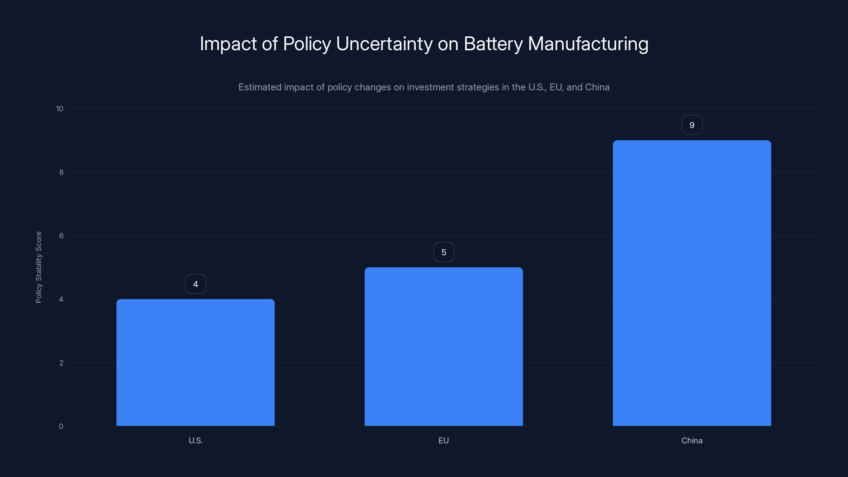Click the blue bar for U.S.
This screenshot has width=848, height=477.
point(195,362)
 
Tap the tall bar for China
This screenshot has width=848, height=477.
point(692,283)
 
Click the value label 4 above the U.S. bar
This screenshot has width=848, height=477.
point(195,284)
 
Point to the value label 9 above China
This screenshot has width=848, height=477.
point(692,125)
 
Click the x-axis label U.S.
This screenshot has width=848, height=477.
point(196,440)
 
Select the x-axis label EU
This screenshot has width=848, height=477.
point(443,440)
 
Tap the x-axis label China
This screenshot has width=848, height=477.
point(692,440)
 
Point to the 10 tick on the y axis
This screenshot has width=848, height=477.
point(60,109)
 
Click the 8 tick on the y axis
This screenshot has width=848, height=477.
point(61,172)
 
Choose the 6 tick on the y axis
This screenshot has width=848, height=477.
point(61,236)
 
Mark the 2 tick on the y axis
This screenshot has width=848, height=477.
point(61,363)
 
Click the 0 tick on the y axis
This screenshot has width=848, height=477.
point(61,426)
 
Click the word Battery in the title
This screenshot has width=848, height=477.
point(493,43)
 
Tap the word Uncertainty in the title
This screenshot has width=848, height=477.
point(384,43)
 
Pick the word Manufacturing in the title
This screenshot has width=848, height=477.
point(588,43)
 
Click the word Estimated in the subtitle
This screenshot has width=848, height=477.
point(260,87)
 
